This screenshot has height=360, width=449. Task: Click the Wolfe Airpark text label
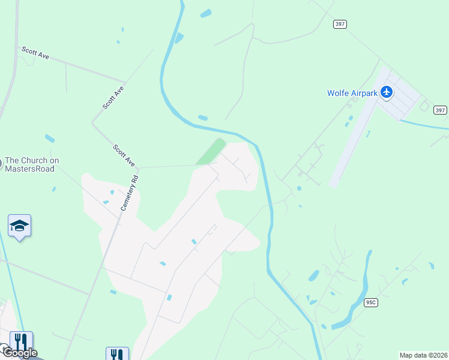click(353, 93)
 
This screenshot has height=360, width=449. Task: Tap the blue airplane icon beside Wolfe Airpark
click(387, 92)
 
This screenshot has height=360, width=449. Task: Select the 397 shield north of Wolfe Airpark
click(340, 24)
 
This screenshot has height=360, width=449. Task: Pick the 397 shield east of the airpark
click(440, 110)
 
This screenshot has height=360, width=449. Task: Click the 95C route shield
click(370, 303)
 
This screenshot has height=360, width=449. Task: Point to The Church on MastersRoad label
click(32, 164)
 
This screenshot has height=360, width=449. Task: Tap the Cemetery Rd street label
click(130, 193)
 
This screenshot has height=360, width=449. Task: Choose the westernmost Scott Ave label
click(35, 52)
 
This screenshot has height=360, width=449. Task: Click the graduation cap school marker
click(19, 226)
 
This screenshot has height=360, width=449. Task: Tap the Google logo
click(19, 353)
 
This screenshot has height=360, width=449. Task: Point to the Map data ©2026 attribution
click(423, 355)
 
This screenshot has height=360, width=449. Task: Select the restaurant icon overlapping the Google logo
click(22, 342)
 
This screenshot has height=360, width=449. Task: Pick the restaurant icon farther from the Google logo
click(117, 354)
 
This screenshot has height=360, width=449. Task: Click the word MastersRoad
click(30, 169)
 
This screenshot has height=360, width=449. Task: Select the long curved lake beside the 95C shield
click(354, 294)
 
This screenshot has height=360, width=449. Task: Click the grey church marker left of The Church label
click(1, 162)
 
